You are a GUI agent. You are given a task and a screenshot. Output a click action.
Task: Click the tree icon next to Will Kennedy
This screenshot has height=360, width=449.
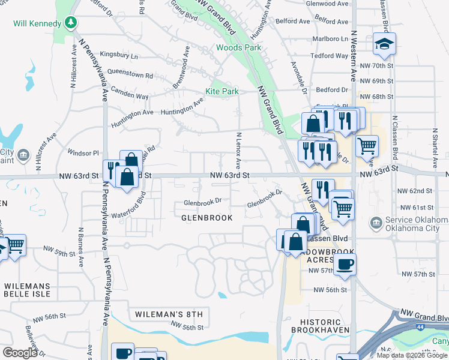pyautogui.click(x=72, y=23)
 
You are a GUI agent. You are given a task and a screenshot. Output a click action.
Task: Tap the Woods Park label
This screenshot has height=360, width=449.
pyautogui.click(x=239, y=47)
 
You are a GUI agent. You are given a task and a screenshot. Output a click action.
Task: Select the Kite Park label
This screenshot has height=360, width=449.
pyautogui.click(x=222, y=91)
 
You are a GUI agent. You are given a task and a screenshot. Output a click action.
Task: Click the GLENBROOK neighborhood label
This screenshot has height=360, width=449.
pyautogui.click(x=206, y=218)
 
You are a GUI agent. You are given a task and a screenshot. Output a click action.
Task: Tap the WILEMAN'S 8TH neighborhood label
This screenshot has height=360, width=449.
pyautogui.click(x=169, y=314)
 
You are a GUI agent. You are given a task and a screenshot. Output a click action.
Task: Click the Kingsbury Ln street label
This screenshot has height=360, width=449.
pyautogui.click(x=118, y=56)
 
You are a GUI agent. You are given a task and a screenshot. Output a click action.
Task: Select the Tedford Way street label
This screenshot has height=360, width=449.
pyautogui.click(x=329, y=56)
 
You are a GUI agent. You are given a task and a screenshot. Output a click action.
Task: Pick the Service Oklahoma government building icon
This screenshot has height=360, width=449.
pyautogui.click(x=376, y=223)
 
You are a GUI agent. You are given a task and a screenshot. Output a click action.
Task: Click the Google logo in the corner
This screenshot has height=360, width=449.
pyautogui.click(x=20, y=353)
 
